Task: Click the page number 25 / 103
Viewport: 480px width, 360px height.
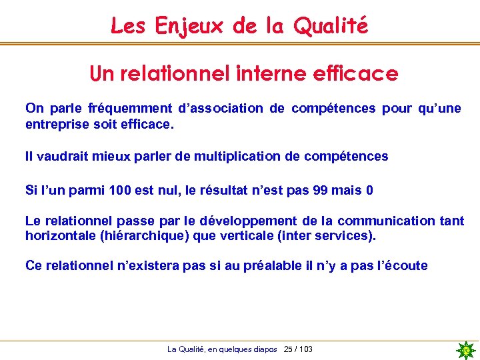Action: tap(298, 349)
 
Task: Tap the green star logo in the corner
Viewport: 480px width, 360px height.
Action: tap(466, 350)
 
